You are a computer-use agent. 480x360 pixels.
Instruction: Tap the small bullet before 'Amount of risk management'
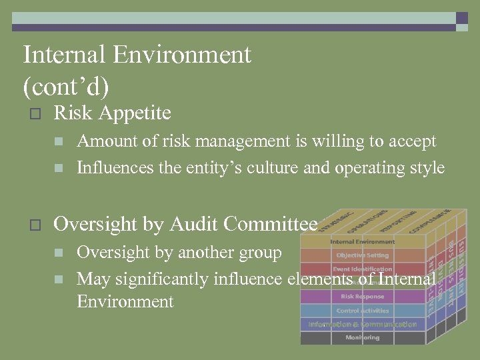pyautogui.click(x=59, y=142)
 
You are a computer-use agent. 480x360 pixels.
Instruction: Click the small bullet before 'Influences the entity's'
pyautogui.click(x=59, y=168)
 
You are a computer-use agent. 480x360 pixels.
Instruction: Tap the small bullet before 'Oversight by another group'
pyautogui.click(x=59, y=253)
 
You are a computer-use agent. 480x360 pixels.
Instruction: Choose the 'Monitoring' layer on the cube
pyautogui.click(x=362, y=338)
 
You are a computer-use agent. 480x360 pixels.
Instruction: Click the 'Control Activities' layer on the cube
pyautogui.click(x=362, y=311)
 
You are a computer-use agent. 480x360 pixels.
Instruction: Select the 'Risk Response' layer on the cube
pyautogui.click(x=362, y=297)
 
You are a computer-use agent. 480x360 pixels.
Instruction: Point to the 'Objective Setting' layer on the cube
pyautogui.click(x=362, y=255)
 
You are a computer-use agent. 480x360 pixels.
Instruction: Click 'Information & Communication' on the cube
pyautogui.click(x=362, y=325)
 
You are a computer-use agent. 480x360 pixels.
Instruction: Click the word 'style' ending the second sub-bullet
pyautogui.click(x=426, y=167)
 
